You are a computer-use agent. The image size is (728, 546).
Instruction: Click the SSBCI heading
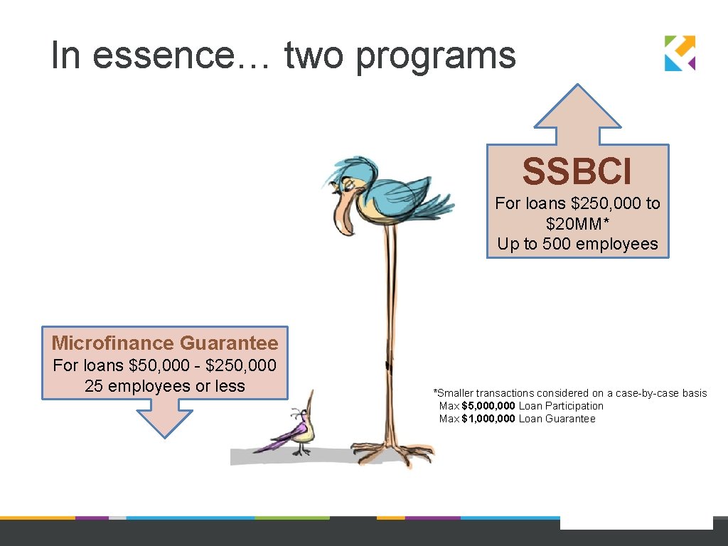[577, 171]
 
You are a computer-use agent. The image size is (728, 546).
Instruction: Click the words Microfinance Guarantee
[165, 343]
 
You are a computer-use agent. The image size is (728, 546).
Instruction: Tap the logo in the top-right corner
[680, 53]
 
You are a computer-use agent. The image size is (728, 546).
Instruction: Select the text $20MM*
[577, 224]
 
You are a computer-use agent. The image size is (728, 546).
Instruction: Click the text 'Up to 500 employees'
[577, 244]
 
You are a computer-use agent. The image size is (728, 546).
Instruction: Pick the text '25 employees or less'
[164, 386]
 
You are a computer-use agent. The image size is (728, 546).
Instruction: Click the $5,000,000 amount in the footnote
[488, 406]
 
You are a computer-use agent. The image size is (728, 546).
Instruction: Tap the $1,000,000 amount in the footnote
[488, 419]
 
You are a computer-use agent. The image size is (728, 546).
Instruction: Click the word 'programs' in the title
[435, 55]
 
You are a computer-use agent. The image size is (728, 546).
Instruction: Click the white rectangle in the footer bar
[636, 523]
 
